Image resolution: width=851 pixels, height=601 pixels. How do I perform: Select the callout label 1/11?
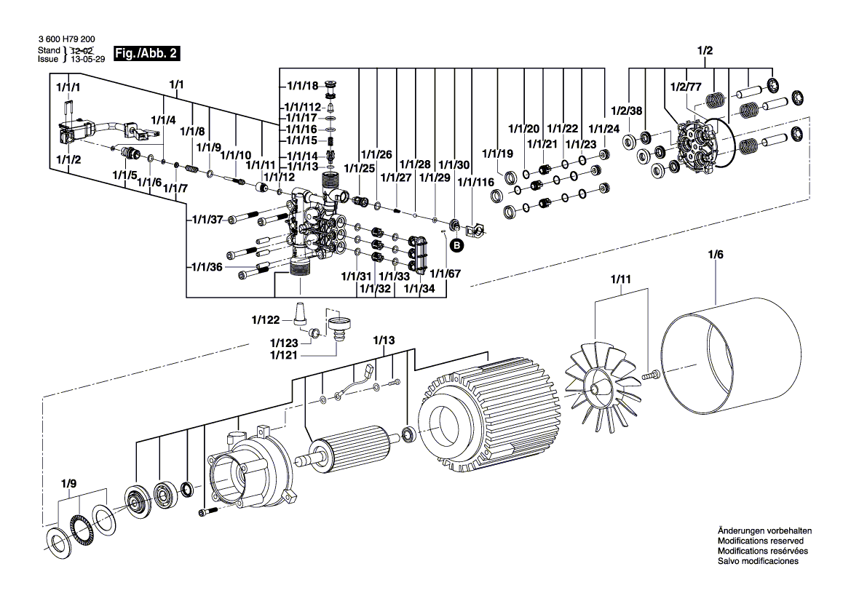point(620,279)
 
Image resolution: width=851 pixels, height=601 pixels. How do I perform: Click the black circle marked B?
point(457,246)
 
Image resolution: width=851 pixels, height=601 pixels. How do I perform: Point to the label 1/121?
point(284,354)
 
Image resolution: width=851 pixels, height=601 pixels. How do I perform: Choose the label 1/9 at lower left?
point(68,482)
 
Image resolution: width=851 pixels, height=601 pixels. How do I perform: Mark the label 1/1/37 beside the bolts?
point(207,219)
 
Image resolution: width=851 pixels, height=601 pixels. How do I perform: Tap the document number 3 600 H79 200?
point(66,41)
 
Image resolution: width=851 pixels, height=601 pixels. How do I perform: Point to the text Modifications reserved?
point(760,541)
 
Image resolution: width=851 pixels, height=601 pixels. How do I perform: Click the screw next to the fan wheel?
point(649,375)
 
